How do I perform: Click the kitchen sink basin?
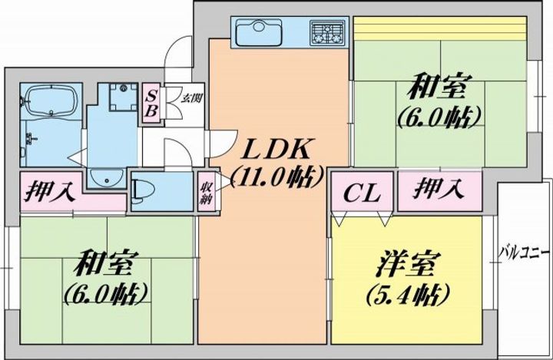pos(257,34)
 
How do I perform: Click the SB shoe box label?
pos(152,103)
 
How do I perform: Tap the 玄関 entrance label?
pos(190,97)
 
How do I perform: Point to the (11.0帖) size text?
pos(276,177)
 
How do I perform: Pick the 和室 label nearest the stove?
pos(439,88)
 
